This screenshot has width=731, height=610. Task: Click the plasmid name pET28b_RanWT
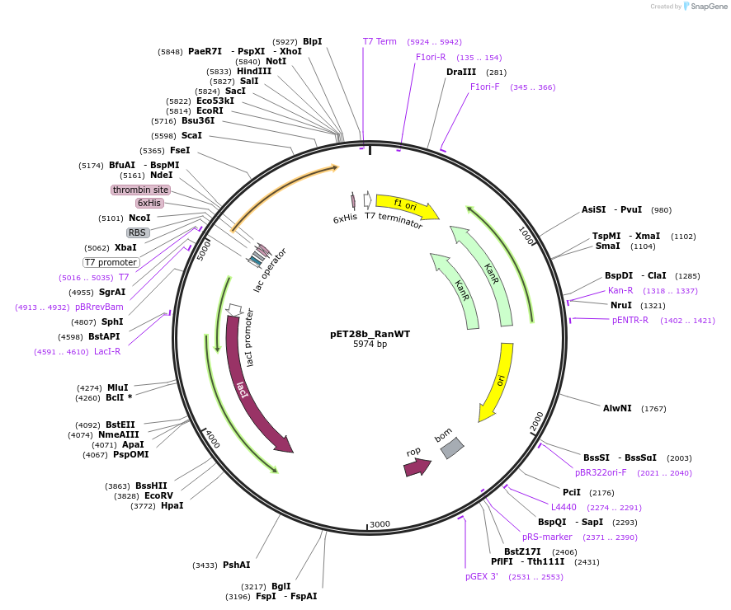point(370,334)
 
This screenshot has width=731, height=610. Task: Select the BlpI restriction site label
point(312,41)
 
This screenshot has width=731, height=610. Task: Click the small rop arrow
point(417,466)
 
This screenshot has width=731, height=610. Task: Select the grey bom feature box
point(451,447)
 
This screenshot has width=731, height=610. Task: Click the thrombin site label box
point(140,190)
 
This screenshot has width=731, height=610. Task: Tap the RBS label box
point(137,232)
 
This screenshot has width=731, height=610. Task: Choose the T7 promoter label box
point(111,262)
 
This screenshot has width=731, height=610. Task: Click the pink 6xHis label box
point(149,203)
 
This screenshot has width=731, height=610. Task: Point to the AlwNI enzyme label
point(617,408)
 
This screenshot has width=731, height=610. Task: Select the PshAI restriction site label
point(236,565)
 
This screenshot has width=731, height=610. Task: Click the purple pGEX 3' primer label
point(482,576)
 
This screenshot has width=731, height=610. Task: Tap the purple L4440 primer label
point(564,507)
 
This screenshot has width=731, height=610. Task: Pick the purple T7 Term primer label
point(380,41)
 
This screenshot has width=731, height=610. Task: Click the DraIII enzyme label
point(460,72)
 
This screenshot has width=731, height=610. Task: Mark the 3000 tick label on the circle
point(380,524)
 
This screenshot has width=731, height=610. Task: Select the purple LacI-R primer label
point(106,351)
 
